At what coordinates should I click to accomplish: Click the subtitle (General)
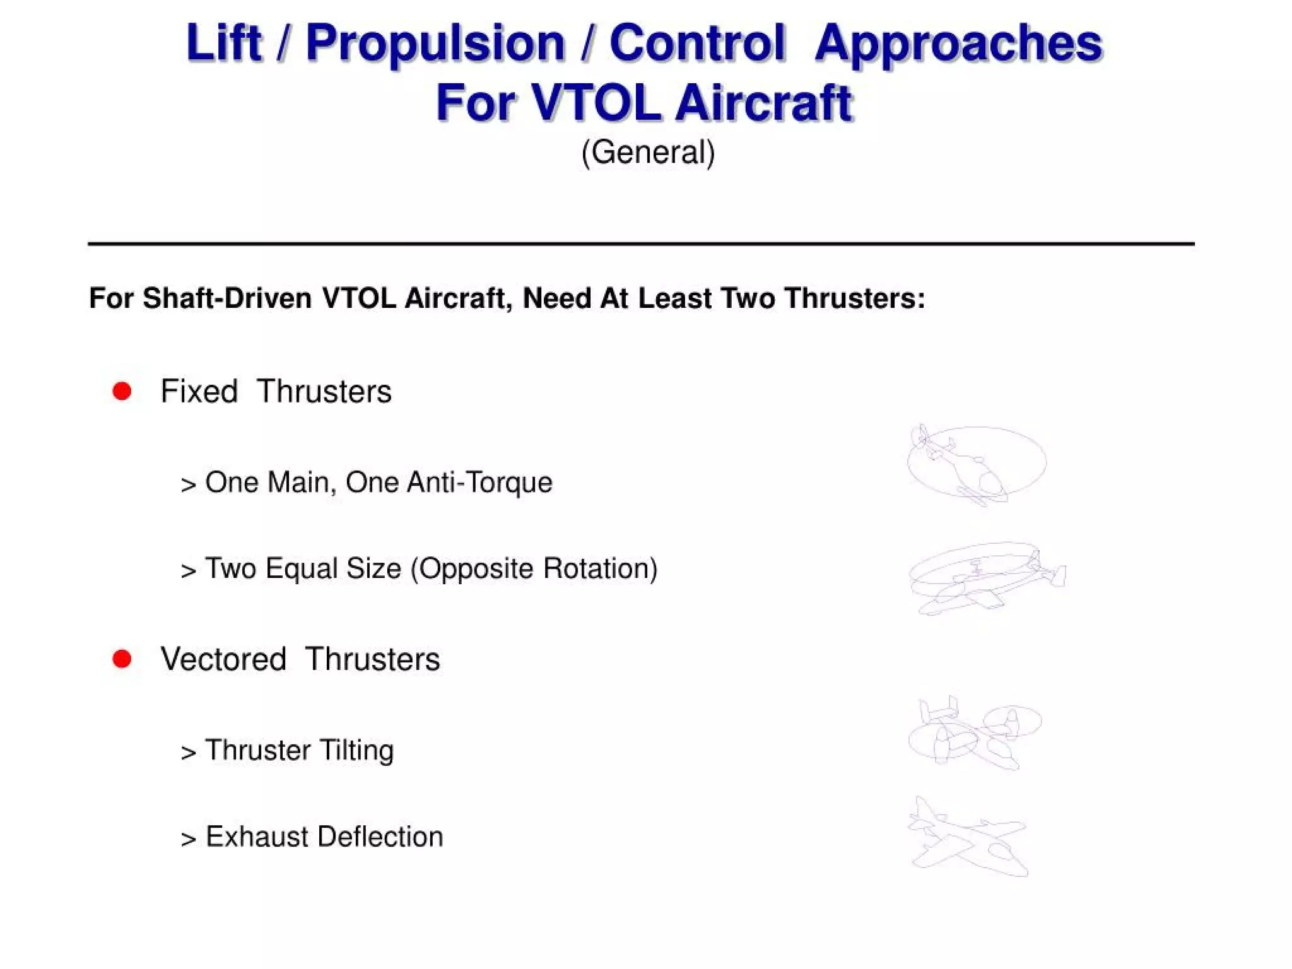coord(648,152)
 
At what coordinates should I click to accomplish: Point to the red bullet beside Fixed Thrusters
coord(122,391)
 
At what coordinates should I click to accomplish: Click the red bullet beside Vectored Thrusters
coord(122,659)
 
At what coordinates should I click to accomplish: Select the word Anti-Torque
coord(479,483)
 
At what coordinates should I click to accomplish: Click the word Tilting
coord(356,751)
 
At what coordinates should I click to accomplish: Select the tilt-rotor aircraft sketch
coord(974,733)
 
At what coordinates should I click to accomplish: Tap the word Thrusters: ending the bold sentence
coord(854,298)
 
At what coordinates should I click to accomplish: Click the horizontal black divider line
coord(641,243)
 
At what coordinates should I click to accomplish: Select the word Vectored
coord(223,659)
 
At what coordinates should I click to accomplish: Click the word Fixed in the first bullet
coord(199,391)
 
